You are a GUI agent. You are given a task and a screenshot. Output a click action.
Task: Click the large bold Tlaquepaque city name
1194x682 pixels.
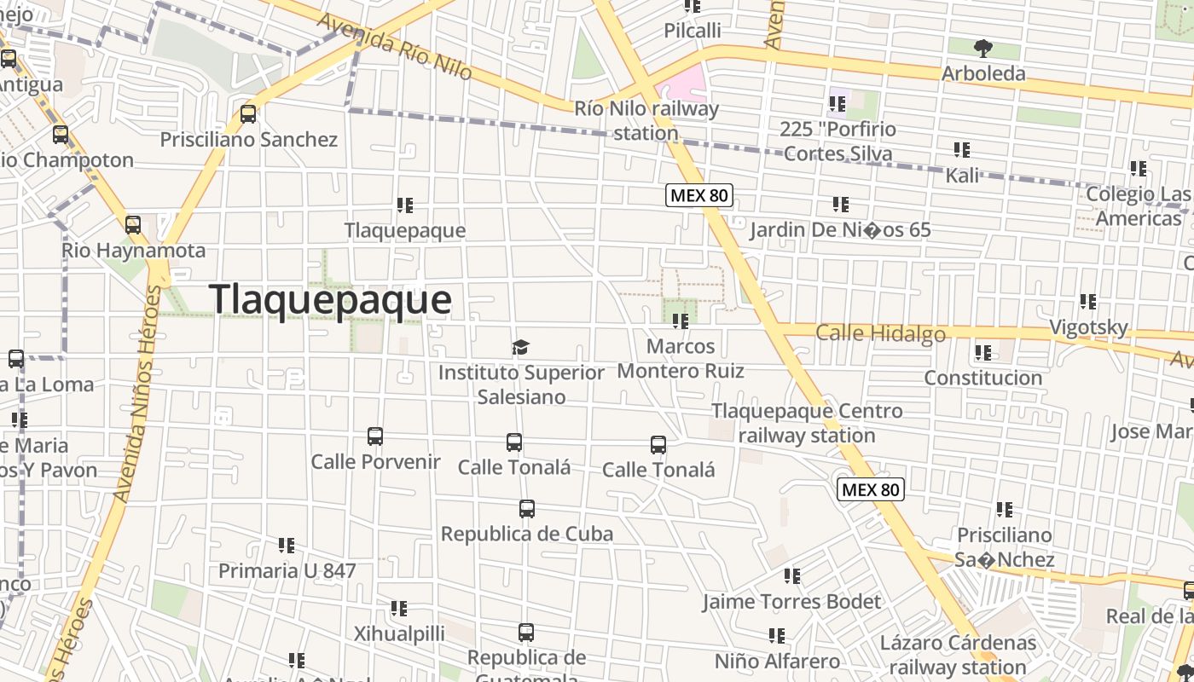click(330, 300)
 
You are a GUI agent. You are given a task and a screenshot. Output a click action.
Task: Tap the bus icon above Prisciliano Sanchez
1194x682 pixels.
click(248, 113)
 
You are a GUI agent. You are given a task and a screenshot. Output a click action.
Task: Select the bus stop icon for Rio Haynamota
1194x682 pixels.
click(133, 225)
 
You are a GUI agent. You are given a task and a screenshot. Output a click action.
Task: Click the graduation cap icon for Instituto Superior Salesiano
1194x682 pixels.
click(520, 347)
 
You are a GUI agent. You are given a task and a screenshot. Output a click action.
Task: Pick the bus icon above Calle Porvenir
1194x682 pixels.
click(375, 436)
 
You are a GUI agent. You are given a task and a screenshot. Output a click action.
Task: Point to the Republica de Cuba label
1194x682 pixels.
click(526, 534)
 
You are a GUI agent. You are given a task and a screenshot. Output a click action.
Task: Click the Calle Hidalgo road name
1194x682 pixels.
click(880, 333)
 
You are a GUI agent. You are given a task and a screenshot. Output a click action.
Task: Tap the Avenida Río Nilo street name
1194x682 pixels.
click(394, 46)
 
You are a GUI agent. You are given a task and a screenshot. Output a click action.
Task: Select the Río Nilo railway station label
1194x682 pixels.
click(646, 120)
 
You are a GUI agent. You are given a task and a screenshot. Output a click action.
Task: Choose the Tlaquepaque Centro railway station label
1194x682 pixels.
click(807, 423)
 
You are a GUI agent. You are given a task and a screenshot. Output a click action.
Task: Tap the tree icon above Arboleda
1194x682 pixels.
click(982, 48)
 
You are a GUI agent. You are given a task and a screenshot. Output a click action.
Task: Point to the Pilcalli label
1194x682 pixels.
click(693, 31)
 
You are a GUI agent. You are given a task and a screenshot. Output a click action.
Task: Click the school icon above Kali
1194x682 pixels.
click(962, 151)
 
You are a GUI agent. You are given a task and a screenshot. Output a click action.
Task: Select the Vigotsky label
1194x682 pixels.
click(1088, 327)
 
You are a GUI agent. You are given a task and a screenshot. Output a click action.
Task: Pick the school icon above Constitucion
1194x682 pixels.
click(983, 352)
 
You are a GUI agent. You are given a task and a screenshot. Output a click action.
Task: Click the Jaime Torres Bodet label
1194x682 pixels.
click(791, 602)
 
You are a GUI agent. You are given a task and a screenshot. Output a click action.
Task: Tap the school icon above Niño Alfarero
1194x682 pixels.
click(777, 636)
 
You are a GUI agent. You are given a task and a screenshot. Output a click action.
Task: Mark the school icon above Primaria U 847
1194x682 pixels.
click(287, 546)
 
